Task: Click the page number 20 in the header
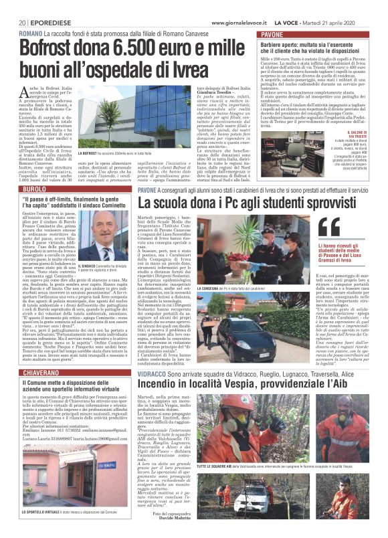[22, 23]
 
